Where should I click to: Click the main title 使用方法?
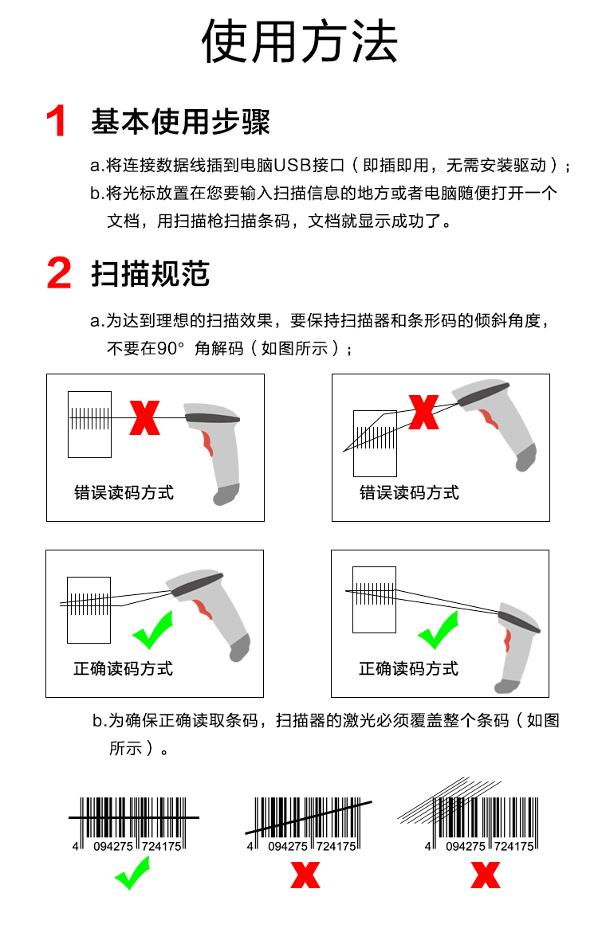pyautogui.click(x=299, y=41)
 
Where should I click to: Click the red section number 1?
pyautogui.click(x=57, y=120)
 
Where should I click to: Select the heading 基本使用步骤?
pyautogui.click(x=180, y=122)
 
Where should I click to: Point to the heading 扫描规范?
pyautogui.click(x=151, y=273)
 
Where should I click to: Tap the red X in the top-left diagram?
pyautogui.click(x=144, y=418)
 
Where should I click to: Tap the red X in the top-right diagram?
pyautogui.click(x=423, y=412)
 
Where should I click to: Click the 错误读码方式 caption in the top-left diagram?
pyautogui.click(x=124, y=493)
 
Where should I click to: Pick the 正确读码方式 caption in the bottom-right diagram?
pyautogui.click(x=408, y=668)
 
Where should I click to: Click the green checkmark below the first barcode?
pyautogui.click(x=132, y=873)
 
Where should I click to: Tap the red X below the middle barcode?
pyautogui.click(x=305, y=875)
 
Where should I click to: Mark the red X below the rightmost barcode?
pyautogui.click(x=486, y=875)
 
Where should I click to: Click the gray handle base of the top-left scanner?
pyautogui.click(x=226, y=495)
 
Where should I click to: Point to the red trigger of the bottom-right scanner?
pyautogui.click(x=507, y=640)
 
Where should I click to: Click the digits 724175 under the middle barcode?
pyautogui.click(x=336, y=847)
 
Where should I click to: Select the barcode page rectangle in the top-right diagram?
pyautogui.click(x=376, y=444)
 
